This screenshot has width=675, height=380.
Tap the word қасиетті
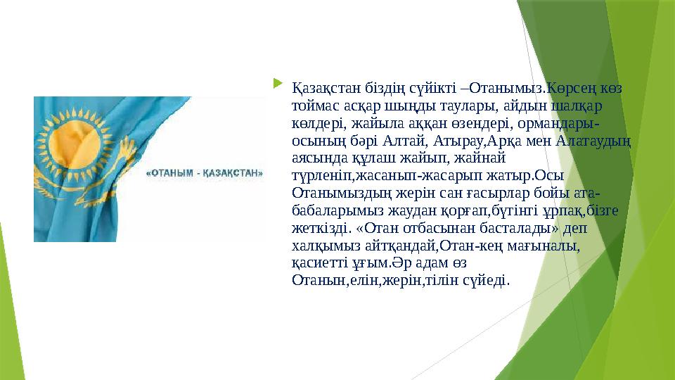(319, 262)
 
